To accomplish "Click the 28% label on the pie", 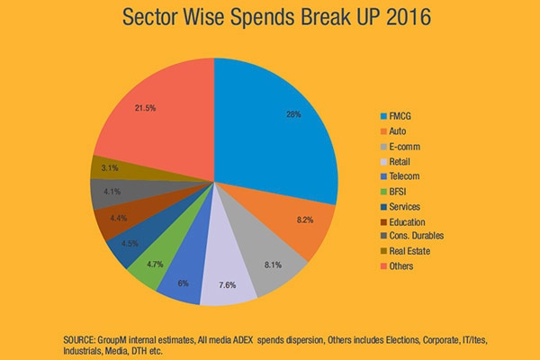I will click(293, 115).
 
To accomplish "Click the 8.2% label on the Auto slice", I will click(304, 219).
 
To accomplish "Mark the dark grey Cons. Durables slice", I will click(106, 193).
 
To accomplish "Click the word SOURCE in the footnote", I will click(82, 335).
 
